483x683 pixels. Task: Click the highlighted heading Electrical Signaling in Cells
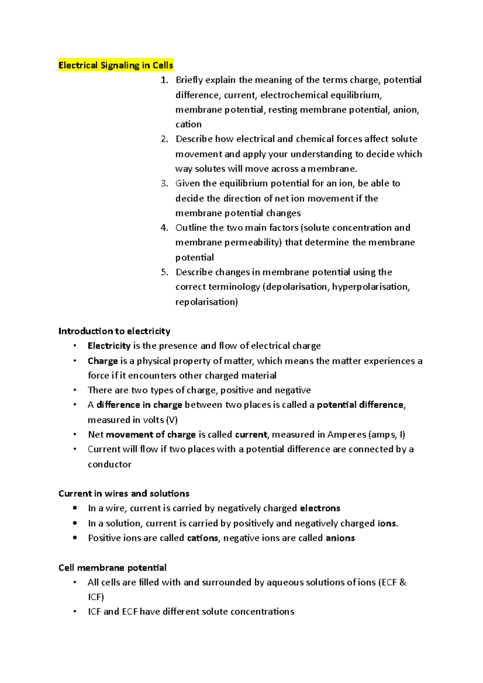click(x=116, y=65)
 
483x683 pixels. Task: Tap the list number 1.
click(x=164, y=80)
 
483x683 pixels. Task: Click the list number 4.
click(x=164, y=228)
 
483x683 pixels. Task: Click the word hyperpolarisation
click(x=370, y=287)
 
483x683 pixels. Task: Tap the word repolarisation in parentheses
click(x=206, y=302)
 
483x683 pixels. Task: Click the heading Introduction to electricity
click(x=114, y=331)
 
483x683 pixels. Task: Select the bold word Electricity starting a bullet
click(x=109, y=346)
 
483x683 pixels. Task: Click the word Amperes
click(x=347, y=434)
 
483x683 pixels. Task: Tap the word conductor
click(x=109, y=464)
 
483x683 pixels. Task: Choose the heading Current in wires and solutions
click(x=124, y=494)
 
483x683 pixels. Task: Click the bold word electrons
click(x=320, y=508)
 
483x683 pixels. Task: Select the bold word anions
click(x=340, y=538)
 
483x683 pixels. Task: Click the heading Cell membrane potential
click(x=112, y=568)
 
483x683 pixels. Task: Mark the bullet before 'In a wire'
click(x=75, y=508)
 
